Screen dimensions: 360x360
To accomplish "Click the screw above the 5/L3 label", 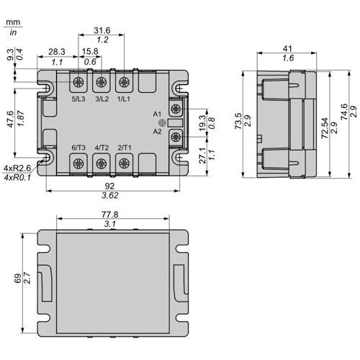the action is click(78, 82).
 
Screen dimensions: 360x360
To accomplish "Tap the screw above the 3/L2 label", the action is click(102, 82).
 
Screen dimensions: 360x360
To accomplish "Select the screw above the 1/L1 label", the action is click(124, 82).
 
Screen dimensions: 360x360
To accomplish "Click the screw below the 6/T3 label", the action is click(78, 163).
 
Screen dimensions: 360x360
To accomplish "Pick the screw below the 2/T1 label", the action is click(124, 163).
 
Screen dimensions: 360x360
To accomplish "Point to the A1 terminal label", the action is click(157, 114).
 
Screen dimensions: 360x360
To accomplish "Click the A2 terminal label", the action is click(157, 132).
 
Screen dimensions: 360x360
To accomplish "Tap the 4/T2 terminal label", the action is click(102, 148).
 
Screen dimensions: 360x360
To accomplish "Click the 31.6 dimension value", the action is click(102, 30).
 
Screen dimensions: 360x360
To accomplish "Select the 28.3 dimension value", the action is click(57, 52).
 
